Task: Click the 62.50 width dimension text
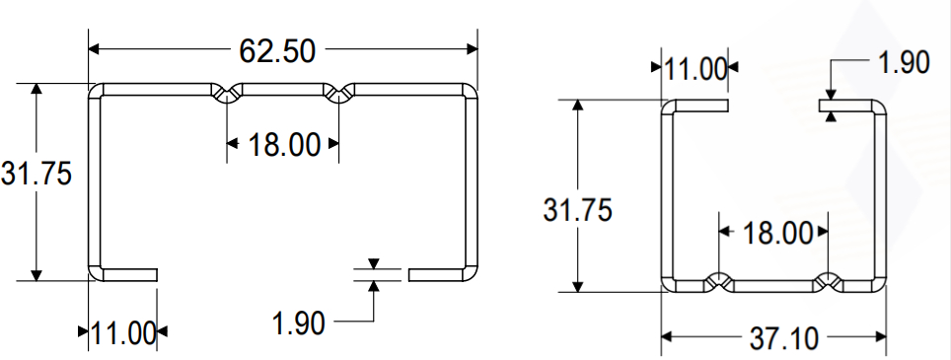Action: (x=277, y=51)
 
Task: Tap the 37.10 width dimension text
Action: (x=784, y=338)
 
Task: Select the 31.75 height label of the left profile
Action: (x=37, y=174)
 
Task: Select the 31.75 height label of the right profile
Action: (x=577, y=210)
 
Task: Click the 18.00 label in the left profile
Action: (x=284, y=145)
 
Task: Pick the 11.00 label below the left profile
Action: (x=123, y=333)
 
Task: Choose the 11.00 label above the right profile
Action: (x=695, y=69)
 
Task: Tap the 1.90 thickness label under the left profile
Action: (x=298, y=324)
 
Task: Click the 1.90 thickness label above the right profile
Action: (x=904, y=62)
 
